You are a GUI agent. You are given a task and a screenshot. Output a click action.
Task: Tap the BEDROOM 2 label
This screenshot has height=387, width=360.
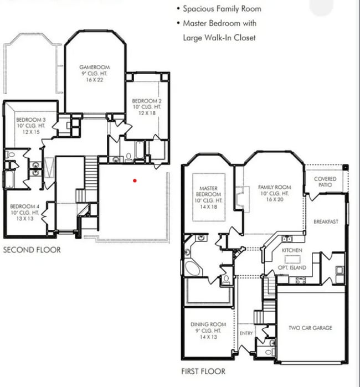click(146, 101)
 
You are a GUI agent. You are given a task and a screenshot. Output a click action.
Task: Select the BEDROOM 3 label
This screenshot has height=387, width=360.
click(30, 120)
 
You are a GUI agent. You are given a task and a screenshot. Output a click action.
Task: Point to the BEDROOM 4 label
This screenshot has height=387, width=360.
click(24, 206)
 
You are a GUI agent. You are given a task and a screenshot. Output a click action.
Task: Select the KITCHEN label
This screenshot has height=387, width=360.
click(292, 251)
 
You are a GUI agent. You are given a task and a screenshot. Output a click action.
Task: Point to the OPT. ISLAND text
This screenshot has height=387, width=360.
click(294, 267)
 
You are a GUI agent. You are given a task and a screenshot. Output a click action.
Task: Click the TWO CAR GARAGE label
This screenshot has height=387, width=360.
click(310, 328)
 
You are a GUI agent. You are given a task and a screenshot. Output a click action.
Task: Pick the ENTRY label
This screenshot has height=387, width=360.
click(246, 333)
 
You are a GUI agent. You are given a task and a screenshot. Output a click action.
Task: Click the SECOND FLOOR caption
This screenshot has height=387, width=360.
click(32, 250)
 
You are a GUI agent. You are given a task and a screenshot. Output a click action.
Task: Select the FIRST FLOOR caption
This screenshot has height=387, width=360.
click(203, 371)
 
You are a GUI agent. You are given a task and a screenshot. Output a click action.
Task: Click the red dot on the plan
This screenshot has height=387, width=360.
click(135, 180)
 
